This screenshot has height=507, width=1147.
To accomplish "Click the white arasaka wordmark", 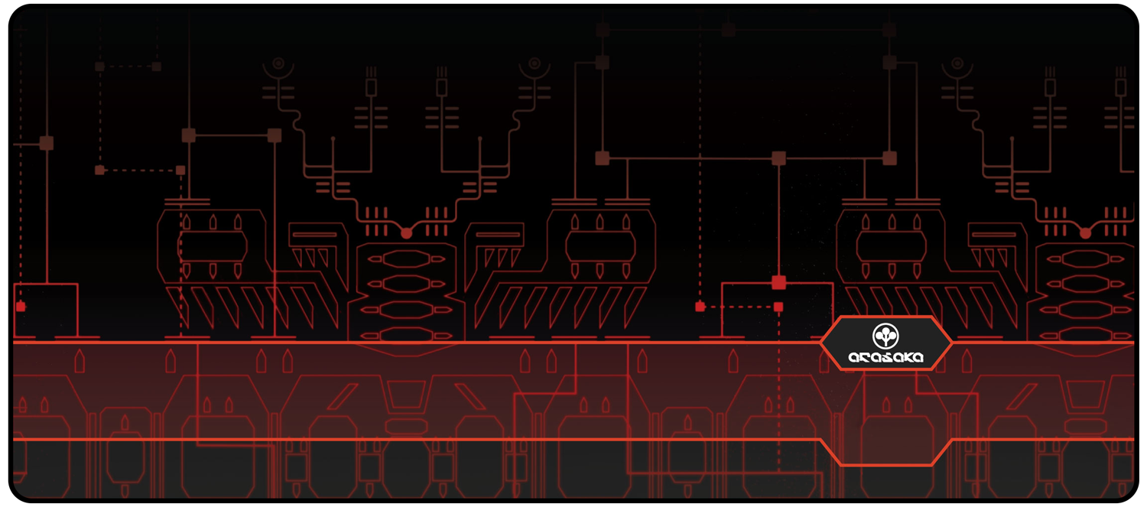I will pos(885,356).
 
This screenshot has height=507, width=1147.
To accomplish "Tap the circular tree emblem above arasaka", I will pos(885,334).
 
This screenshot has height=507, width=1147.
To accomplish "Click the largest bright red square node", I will pos(778,282).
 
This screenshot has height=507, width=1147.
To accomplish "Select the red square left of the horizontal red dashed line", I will pos(700,307).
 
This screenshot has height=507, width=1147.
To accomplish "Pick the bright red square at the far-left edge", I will pos(21,307).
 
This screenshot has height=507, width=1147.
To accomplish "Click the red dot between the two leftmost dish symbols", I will pos(406,232).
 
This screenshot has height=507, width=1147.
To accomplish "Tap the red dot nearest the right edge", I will pos(1085,232).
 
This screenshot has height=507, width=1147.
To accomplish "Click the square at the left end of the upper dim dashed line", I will pos(99,67).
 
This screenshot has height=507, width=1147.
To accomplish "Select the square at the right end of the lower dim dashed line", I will pos(180,170).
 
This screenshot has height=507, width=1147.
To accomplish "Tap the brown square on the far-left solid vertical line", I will pos(47,143).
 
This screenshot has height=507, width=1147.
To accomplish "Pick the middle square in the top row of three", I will pos(728,30).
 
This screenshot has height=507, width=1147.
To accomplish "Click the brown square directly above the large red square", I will pos(778,158).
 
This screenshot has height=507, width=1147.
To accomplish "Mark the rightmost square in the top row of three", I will pos(889,30).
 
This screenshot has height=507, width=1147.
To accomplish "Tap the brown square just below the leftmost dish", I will pos(275,135).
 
